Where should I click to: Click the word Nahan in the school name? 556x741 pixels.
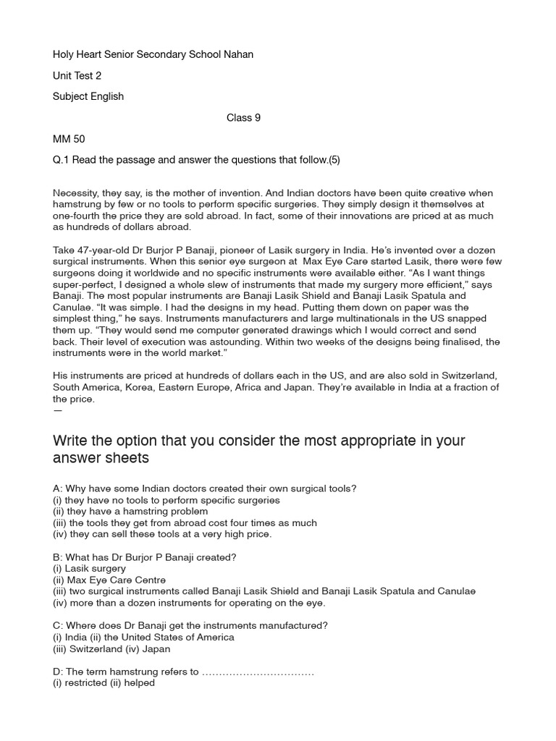pyautogui.click(x=238, y=55)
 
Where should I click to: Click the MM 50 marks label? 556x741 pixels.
pyautogui.click(x=69, y=139)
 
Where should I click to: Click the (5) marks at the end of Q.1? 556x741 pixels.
pyautogui.click(x=334, y=160)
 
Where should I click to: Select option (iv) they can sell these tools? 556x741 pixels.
pyautogui.click(x=162, y=534)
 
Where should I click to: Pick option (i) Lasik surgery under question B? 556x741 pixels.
pyautogui.click(x=90, y=568)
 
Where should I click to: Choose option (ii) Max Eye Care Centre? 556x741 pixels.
pyautogui.click(x=109, y=580)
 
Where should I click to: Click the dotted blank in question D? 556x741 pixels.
pyautogui.click(x=258, y=672)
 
